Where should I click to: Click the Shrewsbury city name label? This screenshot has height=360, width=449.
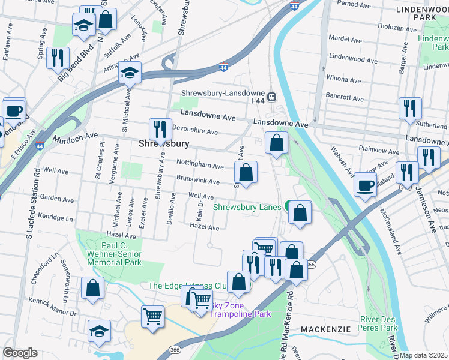(164, 144)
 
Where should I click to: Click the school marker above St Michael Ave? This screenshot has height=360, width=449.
(130, 73)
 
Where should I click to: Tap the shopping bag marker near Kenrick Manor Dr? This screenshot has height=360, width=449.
(92, 287)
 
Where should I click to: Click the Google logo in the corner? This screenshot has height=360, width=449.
(20, 353)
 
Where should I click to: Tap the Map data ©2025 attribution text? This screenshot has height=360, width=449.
(423, 355)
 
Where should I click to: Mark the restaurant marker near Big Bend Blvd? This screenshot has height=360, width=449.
(58, 57)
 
